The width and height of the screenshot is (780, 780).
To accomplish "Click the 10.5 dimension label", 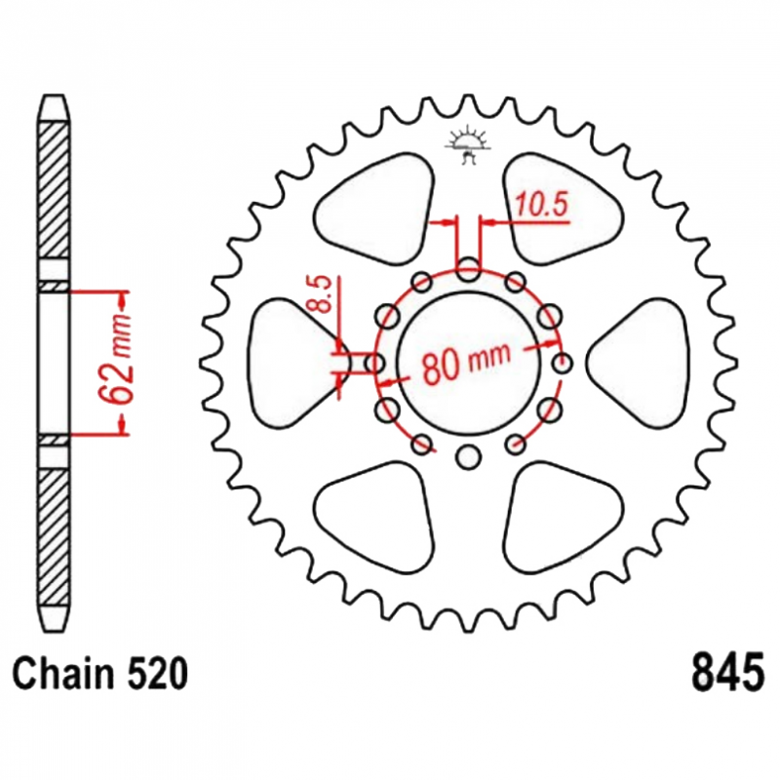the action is point(542,205).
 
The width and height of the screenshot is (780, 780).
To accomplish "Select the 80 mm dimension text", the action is point(466,362).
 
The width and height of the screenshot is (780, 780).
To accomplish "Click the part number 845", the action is point(727,674).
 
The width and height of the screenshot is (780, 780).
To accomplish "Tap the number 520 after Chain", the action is point(158,674).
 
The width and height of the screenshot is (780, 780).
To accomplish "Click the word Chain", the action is point(63,674).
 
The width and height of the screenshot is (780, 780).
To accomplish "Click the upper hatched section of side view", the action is point(54,190).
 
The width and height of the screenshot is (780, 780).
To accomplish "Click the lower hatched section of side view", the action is point(54,537).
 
